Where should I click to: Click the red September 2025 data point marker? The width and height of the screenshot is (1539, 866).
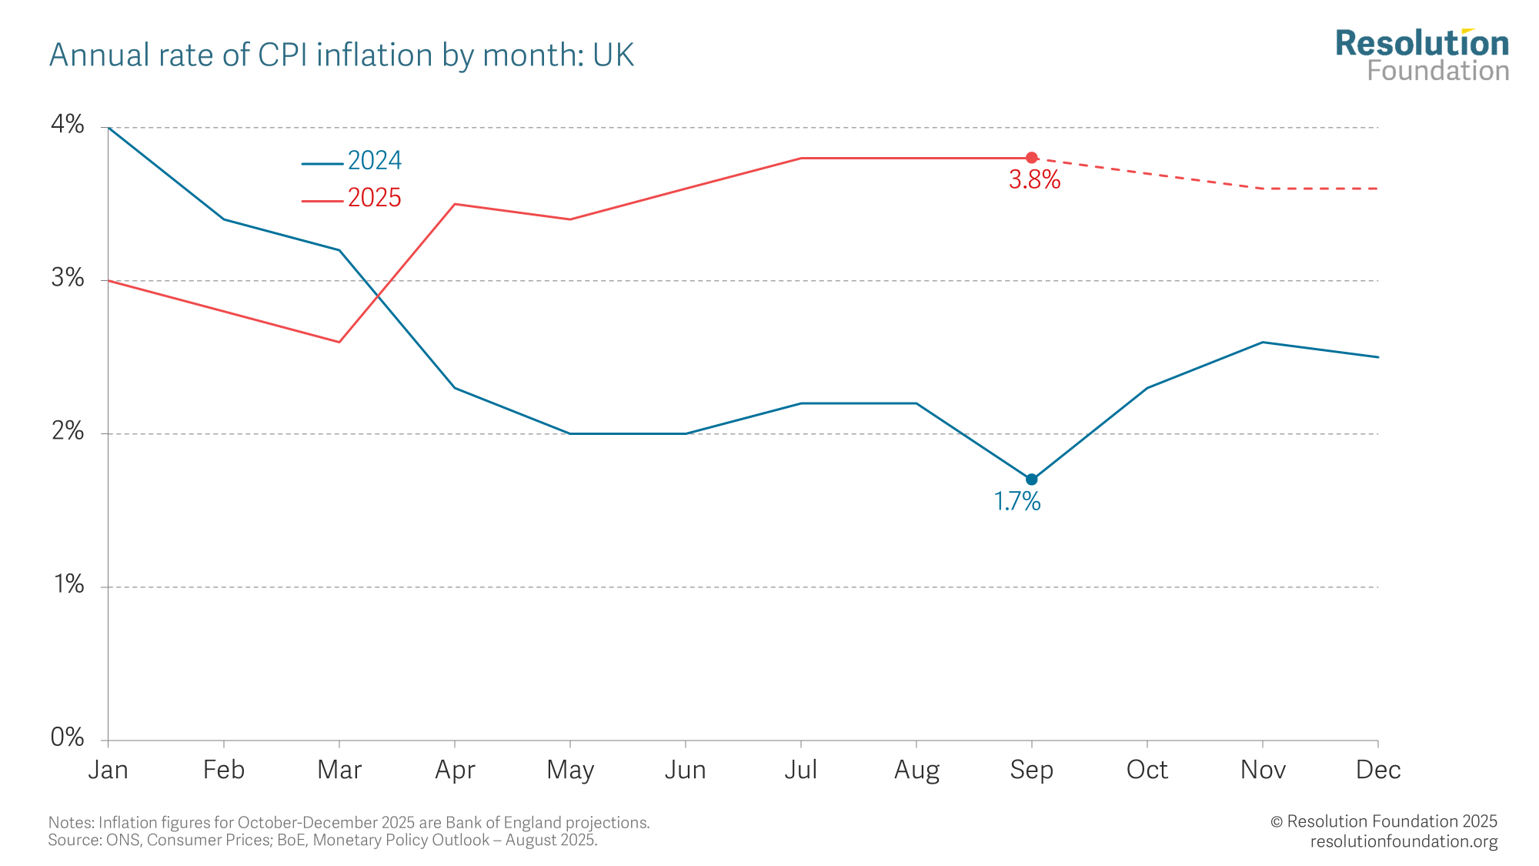click(x=1032, y=158)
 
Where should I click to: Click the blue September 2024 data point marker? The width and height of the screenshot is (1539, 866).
click(x=1032, y=480)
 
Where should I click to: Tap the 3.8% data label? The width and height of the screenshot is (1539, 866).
click(x=1034, y=180)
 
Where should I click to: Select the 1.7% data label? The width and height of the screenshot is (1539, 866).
click(x=1017, y=502)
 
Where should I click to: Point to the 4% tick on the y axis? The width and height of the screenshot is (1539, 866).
click(x=68, y=124)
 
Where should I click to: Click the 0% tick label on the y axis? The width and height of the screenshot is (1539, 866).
click(x=68, y=737)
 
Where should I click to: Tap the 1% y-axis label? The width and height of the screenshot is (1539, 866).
click(x=68, y=584)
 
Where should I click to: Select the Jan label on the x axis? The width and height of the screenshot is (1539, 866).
click(x=108, y=770)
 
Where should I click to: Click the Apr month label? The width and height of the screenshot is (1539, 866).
click(x=455, y=770)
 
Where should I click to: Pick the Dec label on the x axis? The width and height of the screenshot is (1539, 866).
click(x=1377, y=770)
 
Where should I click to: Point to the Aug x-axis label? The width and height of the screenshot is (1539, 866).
click(x=916, y=770)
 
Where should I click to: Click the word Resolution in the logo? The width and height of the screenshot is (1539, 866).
click(x=1422, y=44)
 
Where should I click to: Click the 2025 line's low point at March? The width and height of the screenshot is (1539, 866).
click(x=339, y=342)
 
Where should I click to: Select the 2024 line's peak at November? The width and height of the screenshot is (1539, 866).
click(x=1263, y=342)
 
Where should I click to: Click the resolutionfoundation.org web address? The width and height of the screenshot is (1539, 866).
click(x=1404, y=841)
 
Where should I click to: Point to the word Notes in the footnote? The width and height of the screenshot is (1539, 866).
click(x=70, y=823)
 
